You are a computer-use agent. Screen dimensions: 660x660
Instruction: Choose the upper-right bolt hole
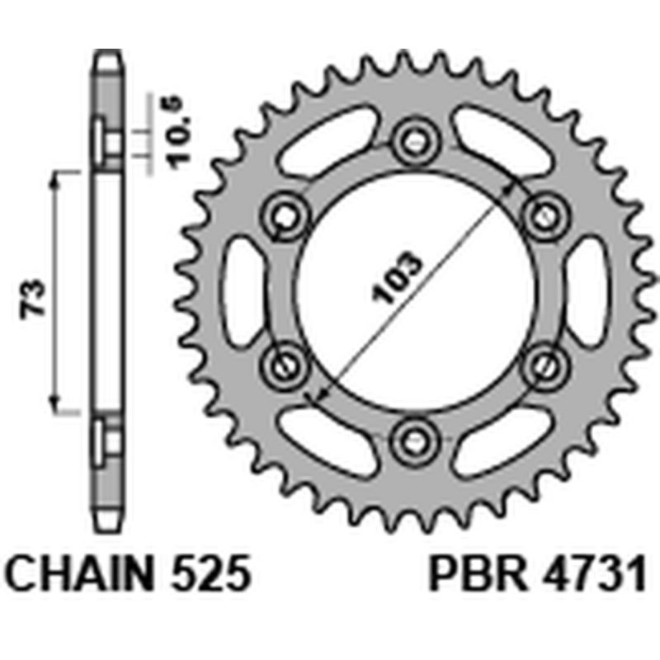pos(541,216)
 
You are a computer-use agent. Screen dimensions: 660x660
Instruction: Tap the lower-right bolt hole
pos(541,363)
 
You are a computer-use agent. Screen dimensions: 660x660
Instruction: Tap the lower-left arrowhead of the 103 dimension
pos(312,395)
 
